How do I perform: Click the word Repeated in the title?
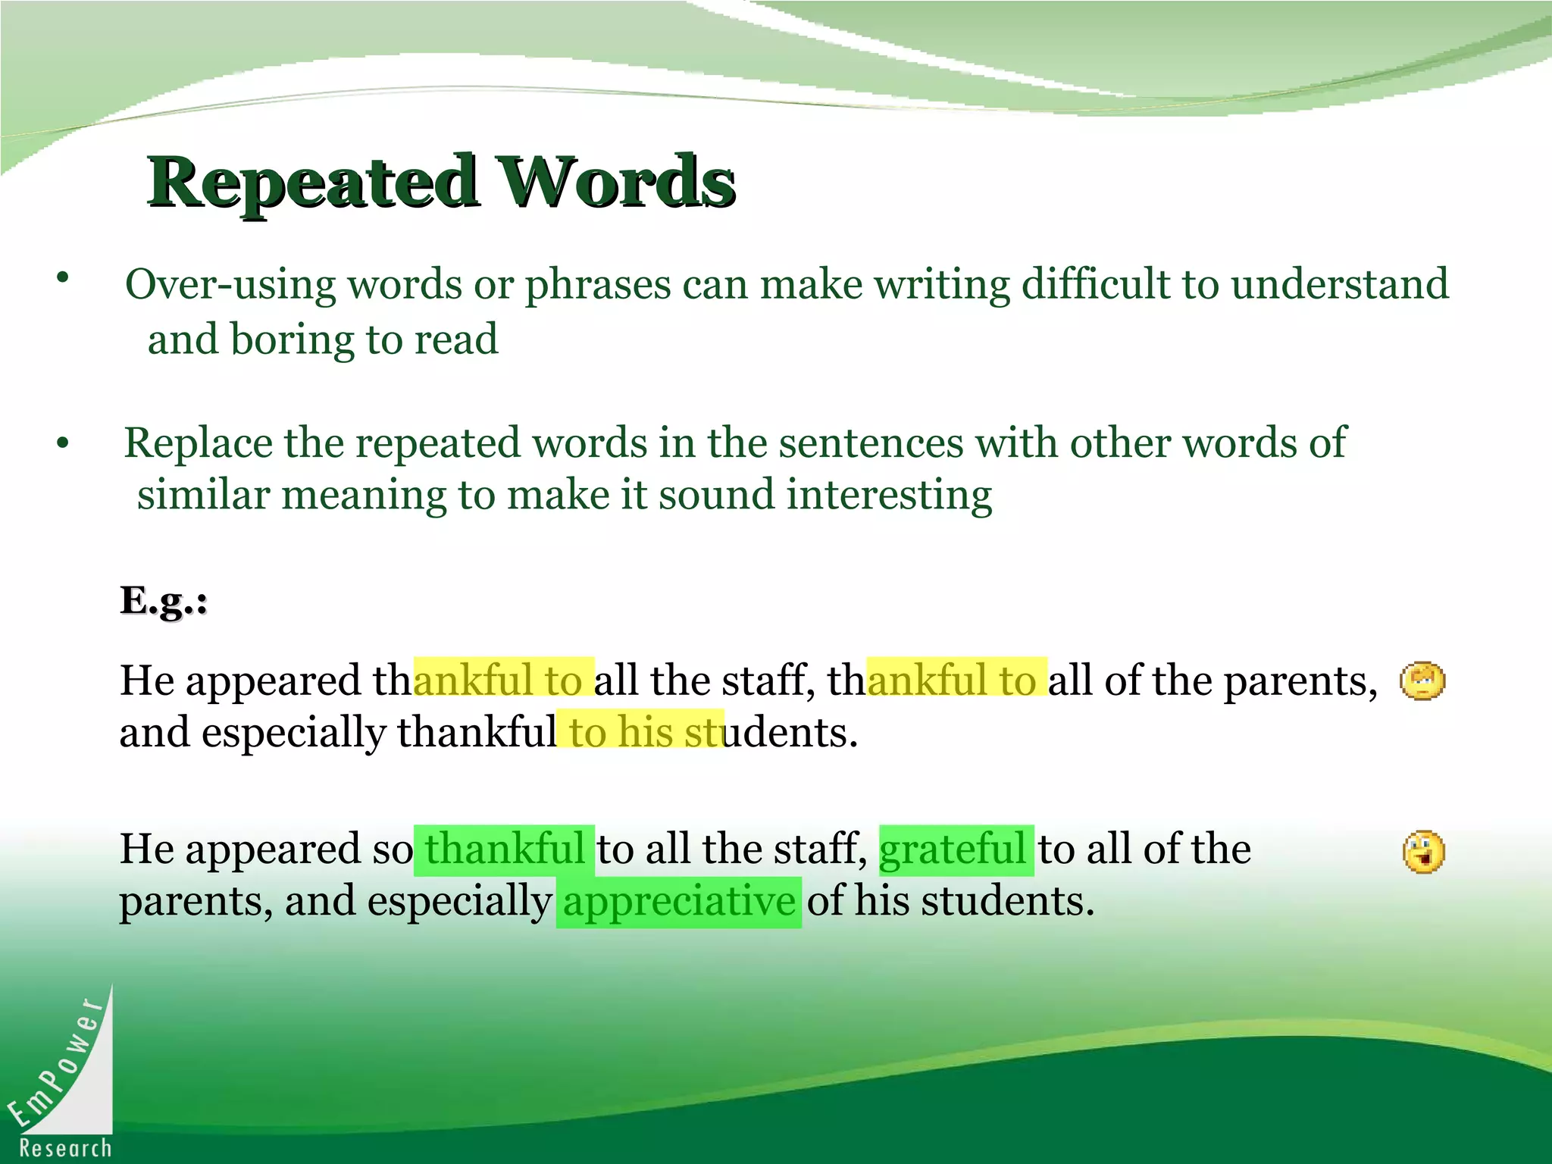[312, 183]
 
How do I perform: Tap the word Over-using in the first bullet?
[230, 285]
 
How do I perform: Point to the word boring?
[292, 339]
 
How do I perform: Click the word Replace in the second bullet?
[198, 443]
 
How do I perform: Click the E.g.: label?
[164, 602]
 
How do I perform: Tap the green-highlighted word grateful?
[953, 849]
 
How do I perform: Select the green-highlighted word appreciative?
[679, 902]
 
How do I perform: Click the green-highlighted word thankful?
[505, 849]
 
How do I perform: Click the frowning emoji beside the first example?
[1422, 681]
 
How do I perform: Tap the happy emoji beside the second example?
[1423, 853]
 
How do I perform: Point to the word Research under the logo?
[66, 1148]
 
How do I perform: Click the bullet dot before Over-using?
[63, 277]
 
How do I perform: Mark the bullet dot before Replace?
[63, 443]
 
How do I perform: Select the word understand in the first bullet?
[1339, 285]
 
